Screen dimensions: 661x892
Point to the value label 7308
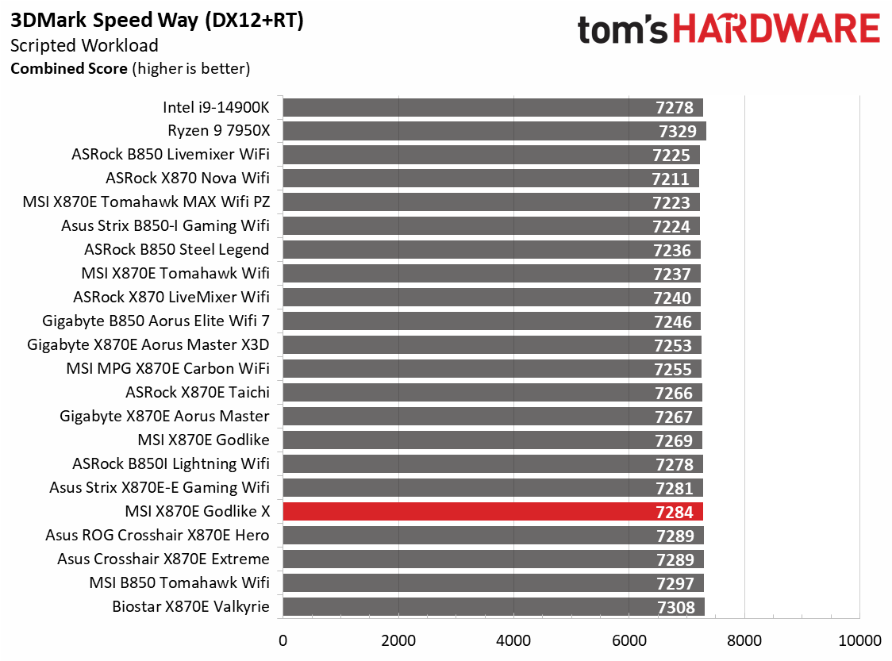[x=675, y=608]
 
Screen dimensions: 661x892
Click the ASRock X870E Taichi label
[x=197, y=392]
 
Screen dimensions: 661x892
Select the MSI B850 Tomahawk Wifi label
[x=179, y=582]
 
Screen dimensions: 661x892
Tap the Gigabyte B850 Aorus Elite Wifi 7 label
[x=156, y=321]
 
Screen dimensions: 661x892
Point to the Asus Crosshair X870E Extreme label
[x=163, y=559]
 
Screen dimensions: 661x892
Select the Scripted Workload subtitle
[x=84, y=46]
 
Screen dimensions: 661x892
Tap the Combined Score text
[x=68, y=69]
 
